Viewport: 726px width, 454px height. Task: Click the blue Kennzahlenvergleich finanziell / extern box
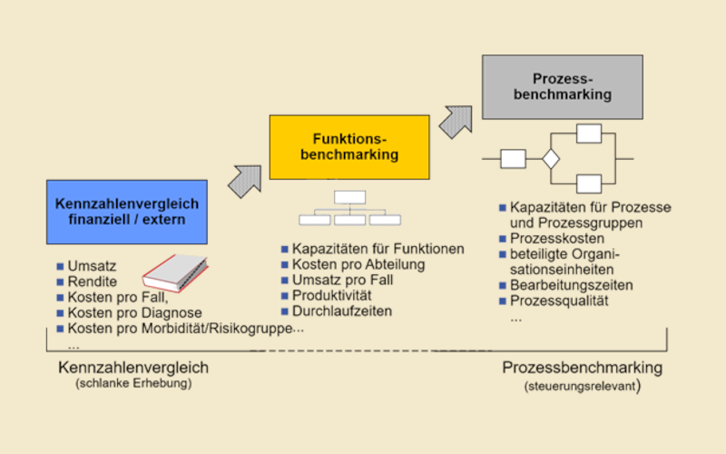click(x=126, y=212)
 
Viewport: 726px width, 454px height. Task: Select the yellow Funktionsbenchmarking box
click(x=349, y=147)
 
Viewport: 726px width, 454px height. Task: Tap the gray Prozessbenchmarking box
click(x=562, y=87)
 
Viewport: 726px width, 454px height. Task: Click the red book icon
click(x=175, y=271)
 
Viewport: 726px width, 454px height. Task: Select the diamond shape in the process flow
click(x=551, y=159)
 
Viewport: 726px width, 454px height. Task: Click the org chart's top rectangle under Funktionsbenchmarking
click(x=349, y=197)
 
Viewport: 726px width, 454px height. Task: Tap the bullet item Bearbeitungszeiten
click(x=571, y=285)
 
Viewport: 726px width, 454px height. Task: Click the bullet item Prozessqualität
click(x=558, y=301)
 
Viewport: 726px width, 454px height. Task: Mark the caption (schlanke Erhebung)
click(x=133, y=384)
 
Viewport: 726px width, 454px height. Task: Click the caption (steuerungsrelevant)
click(x=582, y=386)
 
